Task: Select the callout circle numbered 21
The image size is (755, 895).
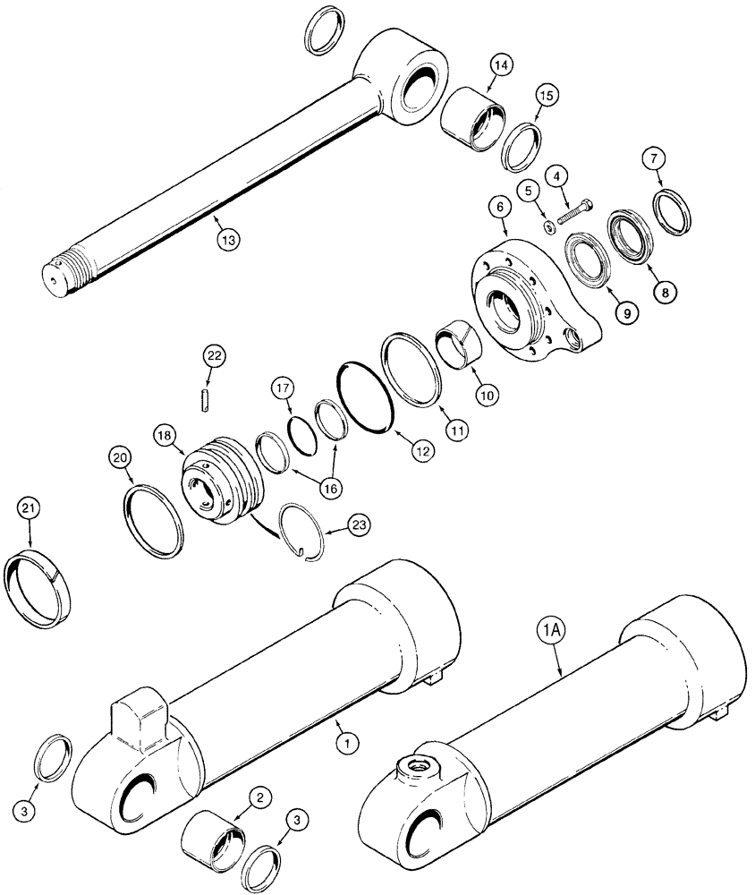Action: (30, 511)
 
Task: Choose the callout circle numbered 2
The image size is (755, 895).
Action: (257, 797)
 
